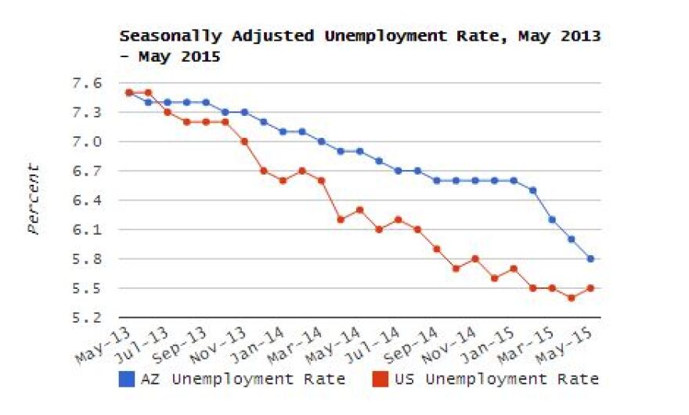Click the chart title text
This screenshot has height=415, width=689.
coord(359,46)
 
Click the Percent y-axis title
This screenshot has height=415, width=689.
coord(34,199)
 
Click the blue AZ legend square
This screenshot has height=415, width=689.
coord(126,380)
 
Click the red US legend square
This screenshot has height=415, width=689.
coord(377,380)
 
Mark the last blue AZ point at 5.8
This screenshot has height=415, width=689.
coord(590,259)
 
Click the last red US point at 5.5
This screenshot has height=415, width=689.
coord(590,288)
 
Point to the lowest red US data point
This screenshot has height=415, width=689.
coord(572,298)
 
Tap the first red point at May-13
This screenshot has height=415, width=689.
coord(129,92)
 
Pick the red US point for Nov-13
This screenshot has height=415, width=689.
coord(244,142)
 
